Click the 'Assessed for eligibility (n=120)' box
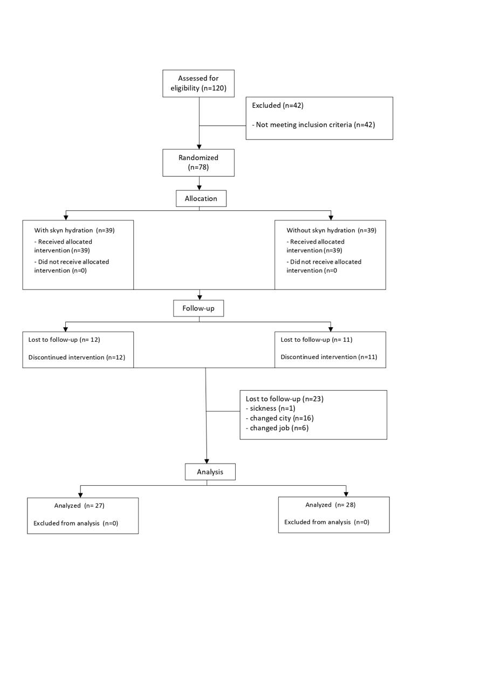[x=198, y=84]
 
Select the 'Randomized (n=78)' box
[x=198, y=163]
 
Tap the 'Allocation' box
[x=201, y=198]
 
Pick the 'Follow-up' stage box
[x=198, y=308]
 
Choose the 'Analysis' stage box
[x=210, y=472]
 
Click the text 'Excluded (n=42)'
[x=278, y=105]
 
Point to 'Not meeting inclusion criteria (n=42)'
[x=313, y=125]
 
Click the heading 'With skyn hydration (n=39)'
[x=74, y=230]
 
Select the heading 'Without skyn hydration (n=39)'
[x=332, y=230]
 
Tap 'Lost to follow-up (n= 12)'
[x=64, y=340]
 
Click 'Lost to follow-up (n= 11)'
[x=317, y=340]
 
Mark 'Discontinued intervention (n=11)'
[x=329, y=357]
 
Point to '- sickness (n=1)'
[x=271, y=409]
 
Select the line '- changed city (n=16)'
[x=280, y=418]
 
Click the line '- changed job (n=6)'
[x=277, y=428]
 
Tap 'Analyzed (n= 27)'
[x=79, y=506]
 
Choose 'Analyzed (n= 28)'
[x=330, y=505]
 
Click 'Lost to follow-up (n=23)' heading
[x=285, y=399]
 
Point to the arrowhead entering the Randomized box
[x=200, y=147]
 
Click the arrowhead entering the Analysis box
[x=207, y=461]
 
